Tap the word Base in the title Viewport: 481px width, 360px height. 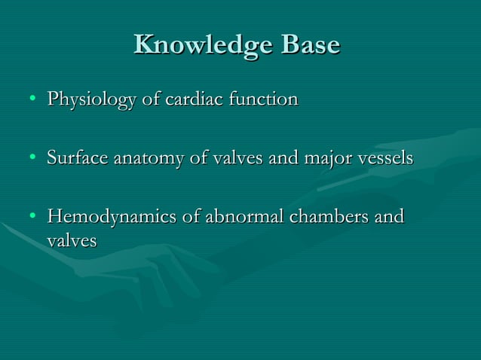click(311, 45)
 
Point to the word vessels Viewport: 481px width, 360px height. click(386, 159)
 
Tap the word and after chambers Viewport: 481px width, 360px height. click(389, 218)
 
